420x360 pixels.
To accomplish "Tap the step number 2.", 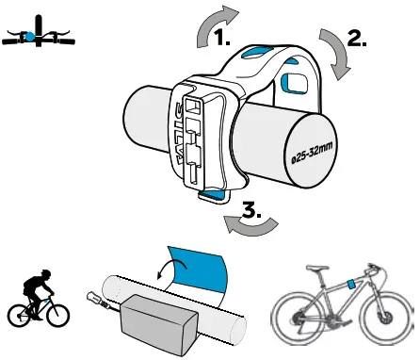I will point(357,39).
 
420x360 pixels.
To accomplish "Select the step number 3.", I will point(251,211).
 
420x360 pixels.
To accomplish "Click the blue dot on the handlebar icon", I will point(30,36).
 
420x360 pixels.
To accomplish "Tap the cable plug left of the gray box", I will point(97,301).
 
